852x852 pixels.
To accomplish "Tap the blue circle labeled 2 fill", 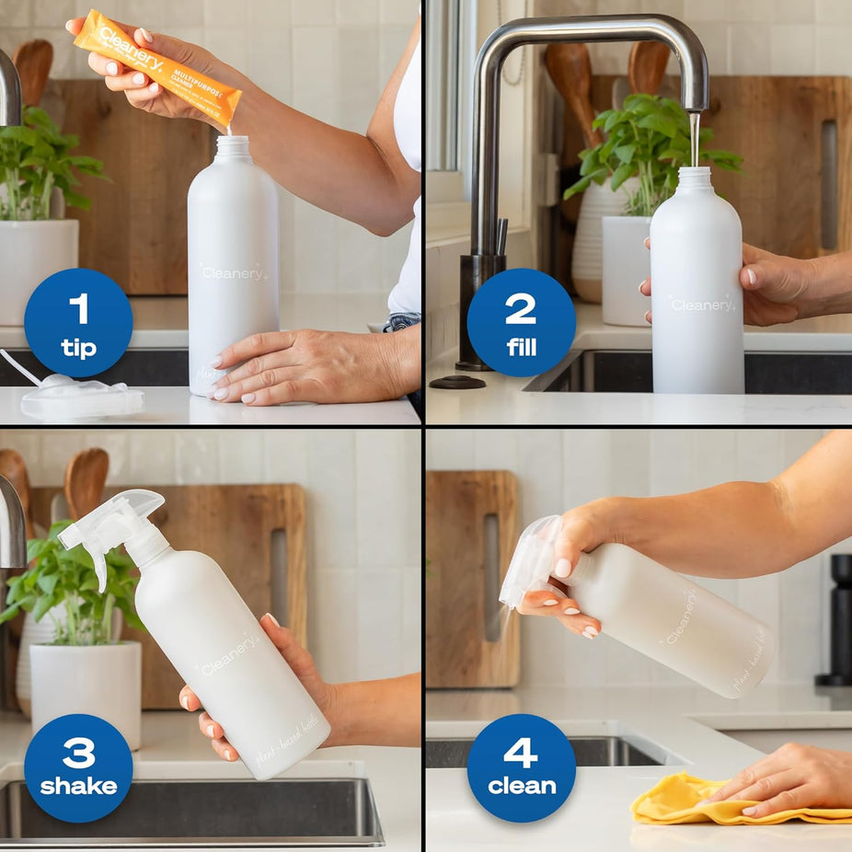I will [521, 322].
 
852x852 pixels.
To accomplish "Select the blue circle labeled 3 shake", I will [78, 767].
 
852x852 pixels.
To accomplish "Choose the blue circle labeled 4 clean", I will [522, 767].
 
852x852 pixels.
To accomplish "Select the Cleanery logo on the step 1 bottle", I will [234, 273].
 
